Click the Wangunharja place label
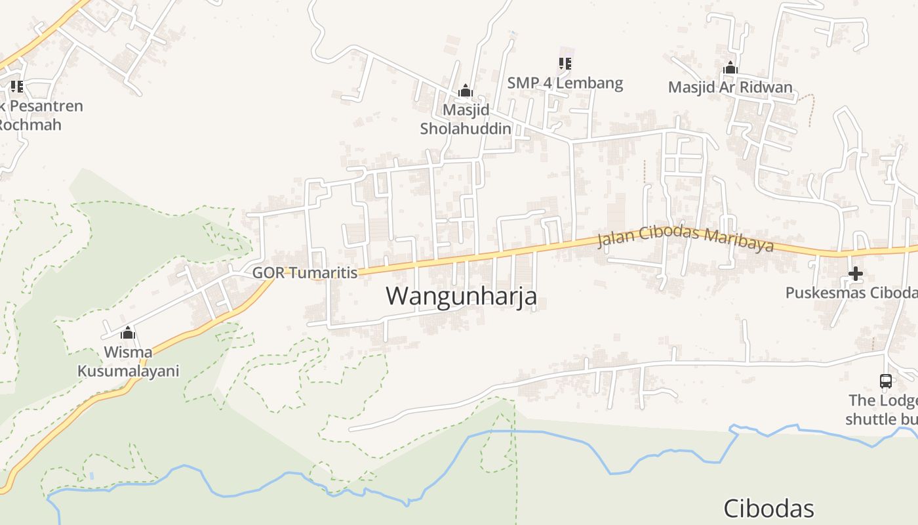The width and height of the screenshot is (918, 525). (x=461, y=296)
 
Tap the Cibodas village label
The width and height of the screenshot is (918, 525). (x=768, y=509)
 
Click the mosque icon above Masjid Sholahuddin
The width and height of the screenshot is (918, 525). (x=465, y=90)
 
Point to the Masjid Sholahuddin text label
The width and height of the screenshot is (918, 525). (x=466, y=119)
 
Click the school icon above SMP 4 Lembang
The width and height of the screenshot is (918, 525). (x=565, y=64)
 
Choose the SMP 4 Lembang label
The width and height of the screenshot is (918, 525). (x=565, y=83)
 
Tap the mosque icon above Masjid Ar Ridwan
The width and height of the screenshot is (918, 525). (x=730, y=68)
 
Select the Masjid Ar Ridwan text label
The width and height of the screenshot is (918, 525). (x=730, y=87)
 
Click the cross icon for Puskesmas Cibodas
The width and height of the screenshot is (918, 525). (x=855, y=273)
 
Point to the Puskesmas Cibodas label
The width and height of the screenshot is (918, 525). (x=851, y=293)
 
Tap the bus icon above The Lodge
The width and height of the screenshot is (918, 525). (x=885, y=381)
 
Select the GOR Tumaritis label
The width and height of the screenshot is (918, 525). (x=305, y=272)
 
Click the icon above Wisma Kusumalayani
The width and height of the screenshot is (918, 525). (x=128, y=333)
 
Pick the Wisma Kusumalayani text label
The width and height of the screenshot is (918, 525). (x=129, y=362)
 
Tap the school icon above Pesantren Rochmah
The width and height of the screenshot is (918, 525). (x=16, y=86)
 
